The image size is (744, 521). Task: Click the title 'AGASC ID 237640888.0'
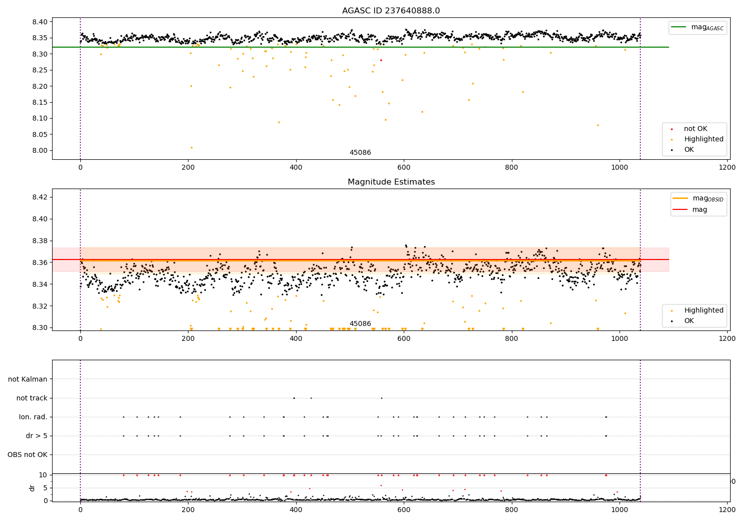tap(391, 11)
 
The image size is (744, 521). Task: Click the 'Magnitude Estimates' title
tap(391, 182)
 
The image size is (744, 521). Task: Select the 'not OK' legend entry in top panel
tap(695, 129)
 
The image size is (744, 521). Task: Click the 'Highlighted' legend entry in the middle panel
tap(703, 310)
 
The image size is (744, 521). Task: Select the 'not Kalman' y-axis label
tap(28, 379)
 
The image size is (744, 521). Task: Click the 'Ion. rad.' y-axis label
tap(33, 417)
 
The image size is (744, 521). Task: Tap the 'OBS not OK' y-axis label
tap(27, 455)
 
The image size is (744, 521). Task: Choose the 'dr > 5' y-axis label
tap(37, 436)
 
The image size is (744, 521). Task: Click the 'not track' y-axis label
tap(32, 398)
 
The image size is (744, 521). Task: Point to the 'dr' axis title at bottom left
tap(32, 488)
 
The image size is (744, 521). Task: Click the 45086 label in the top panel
tap(360, 153)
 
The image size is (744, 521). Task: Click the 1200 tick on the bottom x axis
tap(727, 509)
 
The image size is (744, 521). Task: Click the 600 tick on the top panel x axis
tap(404, 167)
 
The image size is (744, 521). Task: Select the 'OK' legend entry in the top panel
tap(689, 149)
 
